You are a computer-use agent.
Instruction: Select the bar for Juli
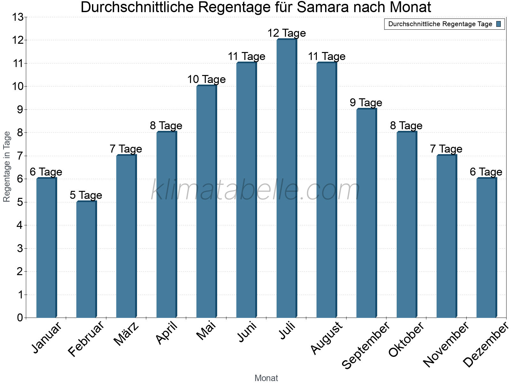tap(286, 179)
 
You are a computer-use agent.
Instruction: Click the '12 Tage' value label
tap(286, 33)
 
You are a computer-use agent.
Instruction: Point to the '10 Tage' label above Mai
tap(206, 79)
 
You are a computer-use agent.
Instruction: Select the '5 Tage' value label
tap(86, 195)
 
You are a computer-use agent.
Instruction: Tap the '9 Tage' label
tap(366, 103)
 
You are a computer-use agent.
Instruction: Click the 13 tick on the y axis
tap(18, 17)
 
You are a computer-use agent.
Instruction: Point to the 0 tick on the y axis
tap(20, 318)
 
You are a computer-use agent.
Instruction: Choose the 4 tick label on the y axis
tap(20, 225)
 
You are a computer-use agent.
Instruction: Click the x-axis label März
tap(127, 334)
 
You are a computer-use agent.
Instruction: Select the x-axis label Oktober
tap(406, 339)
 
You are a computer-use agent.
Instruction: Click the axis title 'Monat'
tap(266, 378)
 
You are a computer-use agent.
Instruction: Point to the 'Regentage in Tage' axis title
tap(7, 167)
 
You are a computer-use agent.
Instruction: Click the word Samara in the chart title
tap(323, 8)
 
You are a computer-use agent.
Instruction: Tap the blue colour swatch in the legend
tap(499, 24)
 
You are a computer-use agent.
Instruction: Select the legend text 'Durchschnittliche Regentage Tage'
tap(440, 24)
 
